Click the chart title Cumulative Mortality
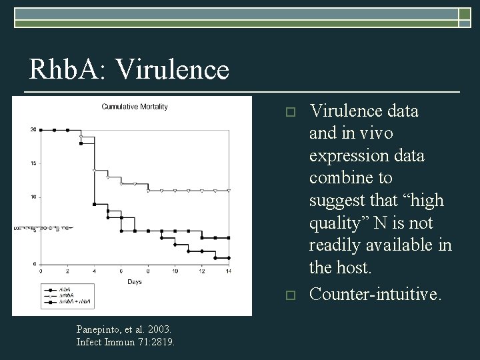134,106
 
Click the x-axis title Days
135,282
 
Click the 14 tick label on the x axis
228,271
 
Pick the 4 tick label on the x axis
94,271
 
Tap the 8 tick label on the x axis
148,271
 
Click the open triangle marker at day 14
229,191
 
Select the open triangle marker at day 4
94,170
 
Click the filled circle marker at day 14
229,257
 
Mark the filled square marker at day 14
229,237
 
